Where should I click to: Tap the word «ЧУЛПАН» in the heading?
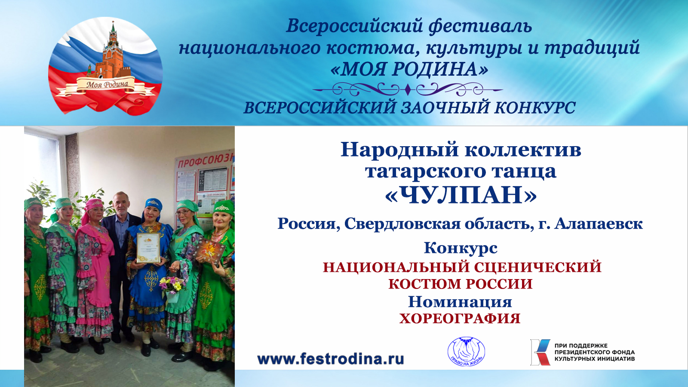click(461, 195)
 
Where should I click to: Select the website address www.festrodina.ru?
click(330, 359)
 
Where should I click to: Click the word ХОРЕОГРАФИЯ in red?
click(460, 319)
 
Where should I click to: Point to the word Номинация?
click(460, 302)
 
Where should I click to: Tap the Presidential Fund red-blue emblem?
click(540, 352)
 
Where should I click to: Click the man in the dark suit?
click(121, 241)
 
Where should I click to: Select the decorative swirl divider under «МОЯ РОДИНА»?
click(407, 90)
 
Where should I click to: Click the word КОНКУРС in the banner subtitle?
click(534, 107)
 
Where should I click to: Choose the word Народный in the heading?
click(399, 150)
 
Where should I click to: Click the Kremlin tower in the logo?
click(113, 52)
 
